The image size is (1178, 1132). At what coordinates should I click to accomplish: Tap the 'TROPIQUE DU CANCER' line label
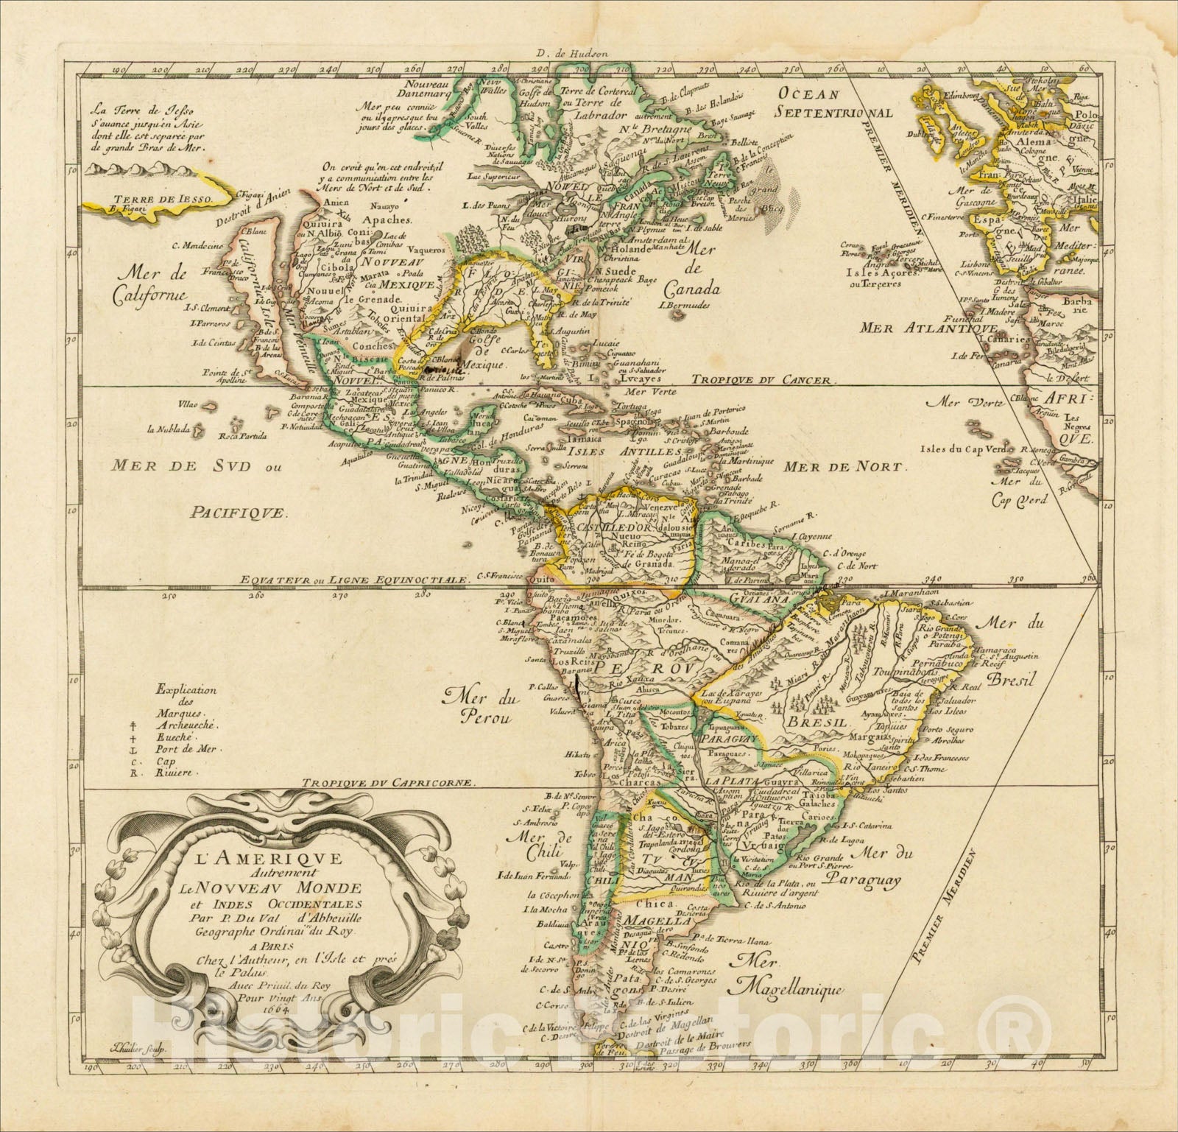tap(765, 382)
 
